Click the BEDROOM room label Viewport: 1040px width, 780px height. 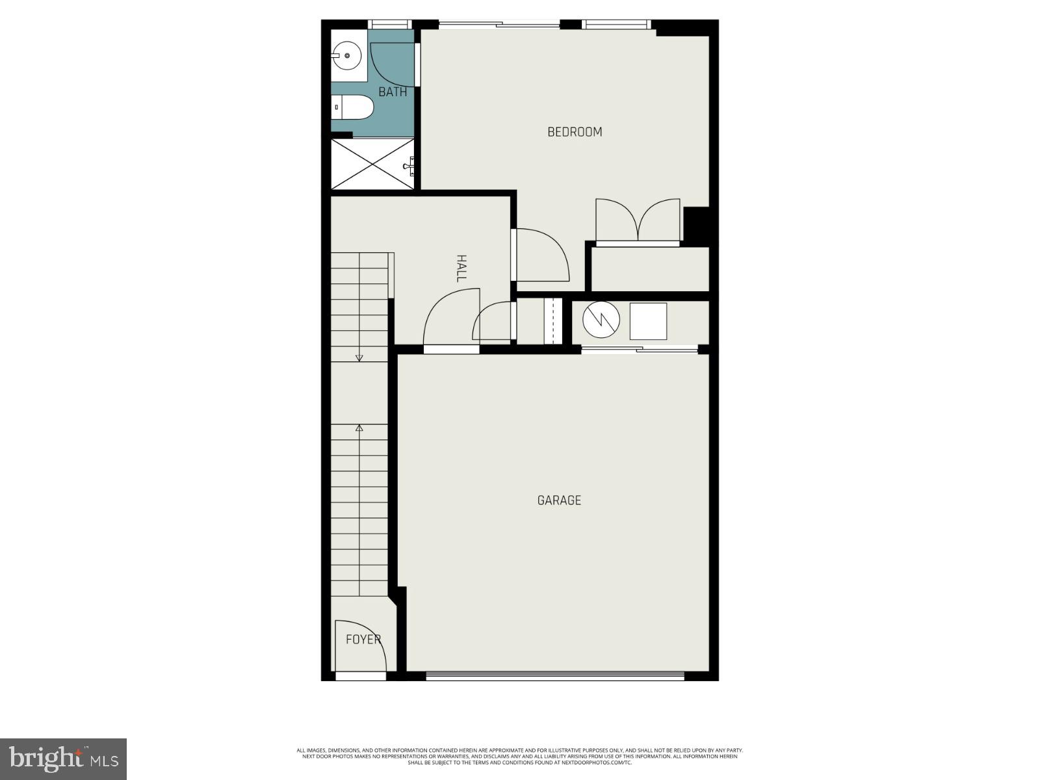point(575,132)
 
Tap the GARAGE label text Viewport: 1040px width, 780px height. point(559,500)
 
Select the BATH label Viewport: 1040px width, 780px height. point(393,92)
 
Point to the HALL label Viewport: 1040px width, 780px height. point(461,268)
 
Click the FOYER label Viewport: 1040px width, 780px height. point(363,640)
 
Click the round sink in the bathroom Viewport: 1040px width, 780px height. point(347,56)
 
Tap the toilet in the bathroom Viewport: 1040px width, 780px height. point(354,107)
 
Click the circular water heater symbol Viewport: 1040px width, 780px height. point(597,320)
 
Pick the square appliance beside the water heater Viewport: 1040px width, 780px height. point(648,321)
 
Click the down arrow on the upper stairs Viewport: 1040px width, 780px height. point(359,357)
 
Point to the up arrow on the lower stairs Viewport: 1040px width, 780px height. point(359,428)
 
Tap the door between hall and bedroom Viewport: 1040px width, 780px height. point(541,255)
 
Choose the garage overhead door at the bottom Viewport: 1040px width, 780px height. point(554,677)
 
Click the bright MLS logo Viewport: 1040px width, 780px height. point(64,759)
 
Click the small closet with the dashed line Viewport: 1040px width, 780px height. point(552,321)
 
